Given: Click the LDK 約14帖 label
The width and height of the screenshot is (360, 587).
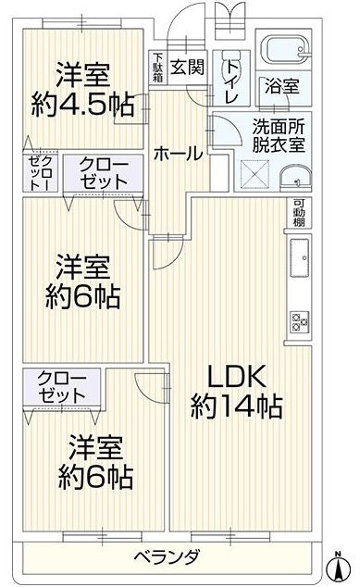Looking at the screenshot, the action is tap(236, 392).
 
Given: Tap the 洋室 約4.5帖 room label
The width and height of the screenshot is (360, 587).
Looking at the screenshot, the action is tap(82, 90).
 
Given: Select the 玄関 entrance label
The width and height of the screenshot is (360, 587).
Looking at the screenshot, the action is tap(188, 68).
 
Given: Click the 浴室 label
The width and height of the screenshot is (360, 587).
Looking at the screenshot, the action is tap(281, 87).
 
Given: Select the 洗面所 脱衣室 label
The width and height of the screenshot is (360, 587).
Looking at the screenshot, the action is tap(279, 136).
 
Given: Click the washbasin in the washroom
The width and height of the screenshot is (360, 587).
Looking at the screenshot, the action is tap(295, 179).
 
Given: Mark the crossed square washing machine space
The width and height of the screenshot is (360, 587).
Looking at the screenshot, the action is tap(254, 173).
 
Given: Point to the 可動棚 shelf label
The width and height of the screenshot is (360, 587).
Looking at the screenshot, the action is tap(299, 212).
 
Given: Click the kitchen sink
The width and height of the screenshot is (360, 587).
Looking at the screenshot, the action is tap(300, 257).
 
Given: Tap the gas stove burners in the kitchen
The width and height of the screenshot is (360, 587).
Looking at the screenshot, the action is tap(300, 322).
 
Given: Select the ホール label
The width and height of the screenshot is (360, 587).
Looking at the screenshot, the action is tap(178, 155).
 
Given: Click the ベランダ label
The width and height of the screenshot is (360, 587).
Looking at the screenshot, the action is tap(167, 557).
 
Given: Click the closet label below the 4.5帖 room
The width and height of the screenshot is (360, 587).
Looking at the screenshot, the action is tap(103, 173).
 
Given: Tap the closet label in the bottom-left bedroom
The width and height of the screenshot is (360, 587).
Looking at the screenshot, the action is tap(61, 387).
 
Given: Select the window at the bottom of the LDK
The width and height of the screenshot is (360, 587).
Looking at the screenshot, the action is tap(230, 536).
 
